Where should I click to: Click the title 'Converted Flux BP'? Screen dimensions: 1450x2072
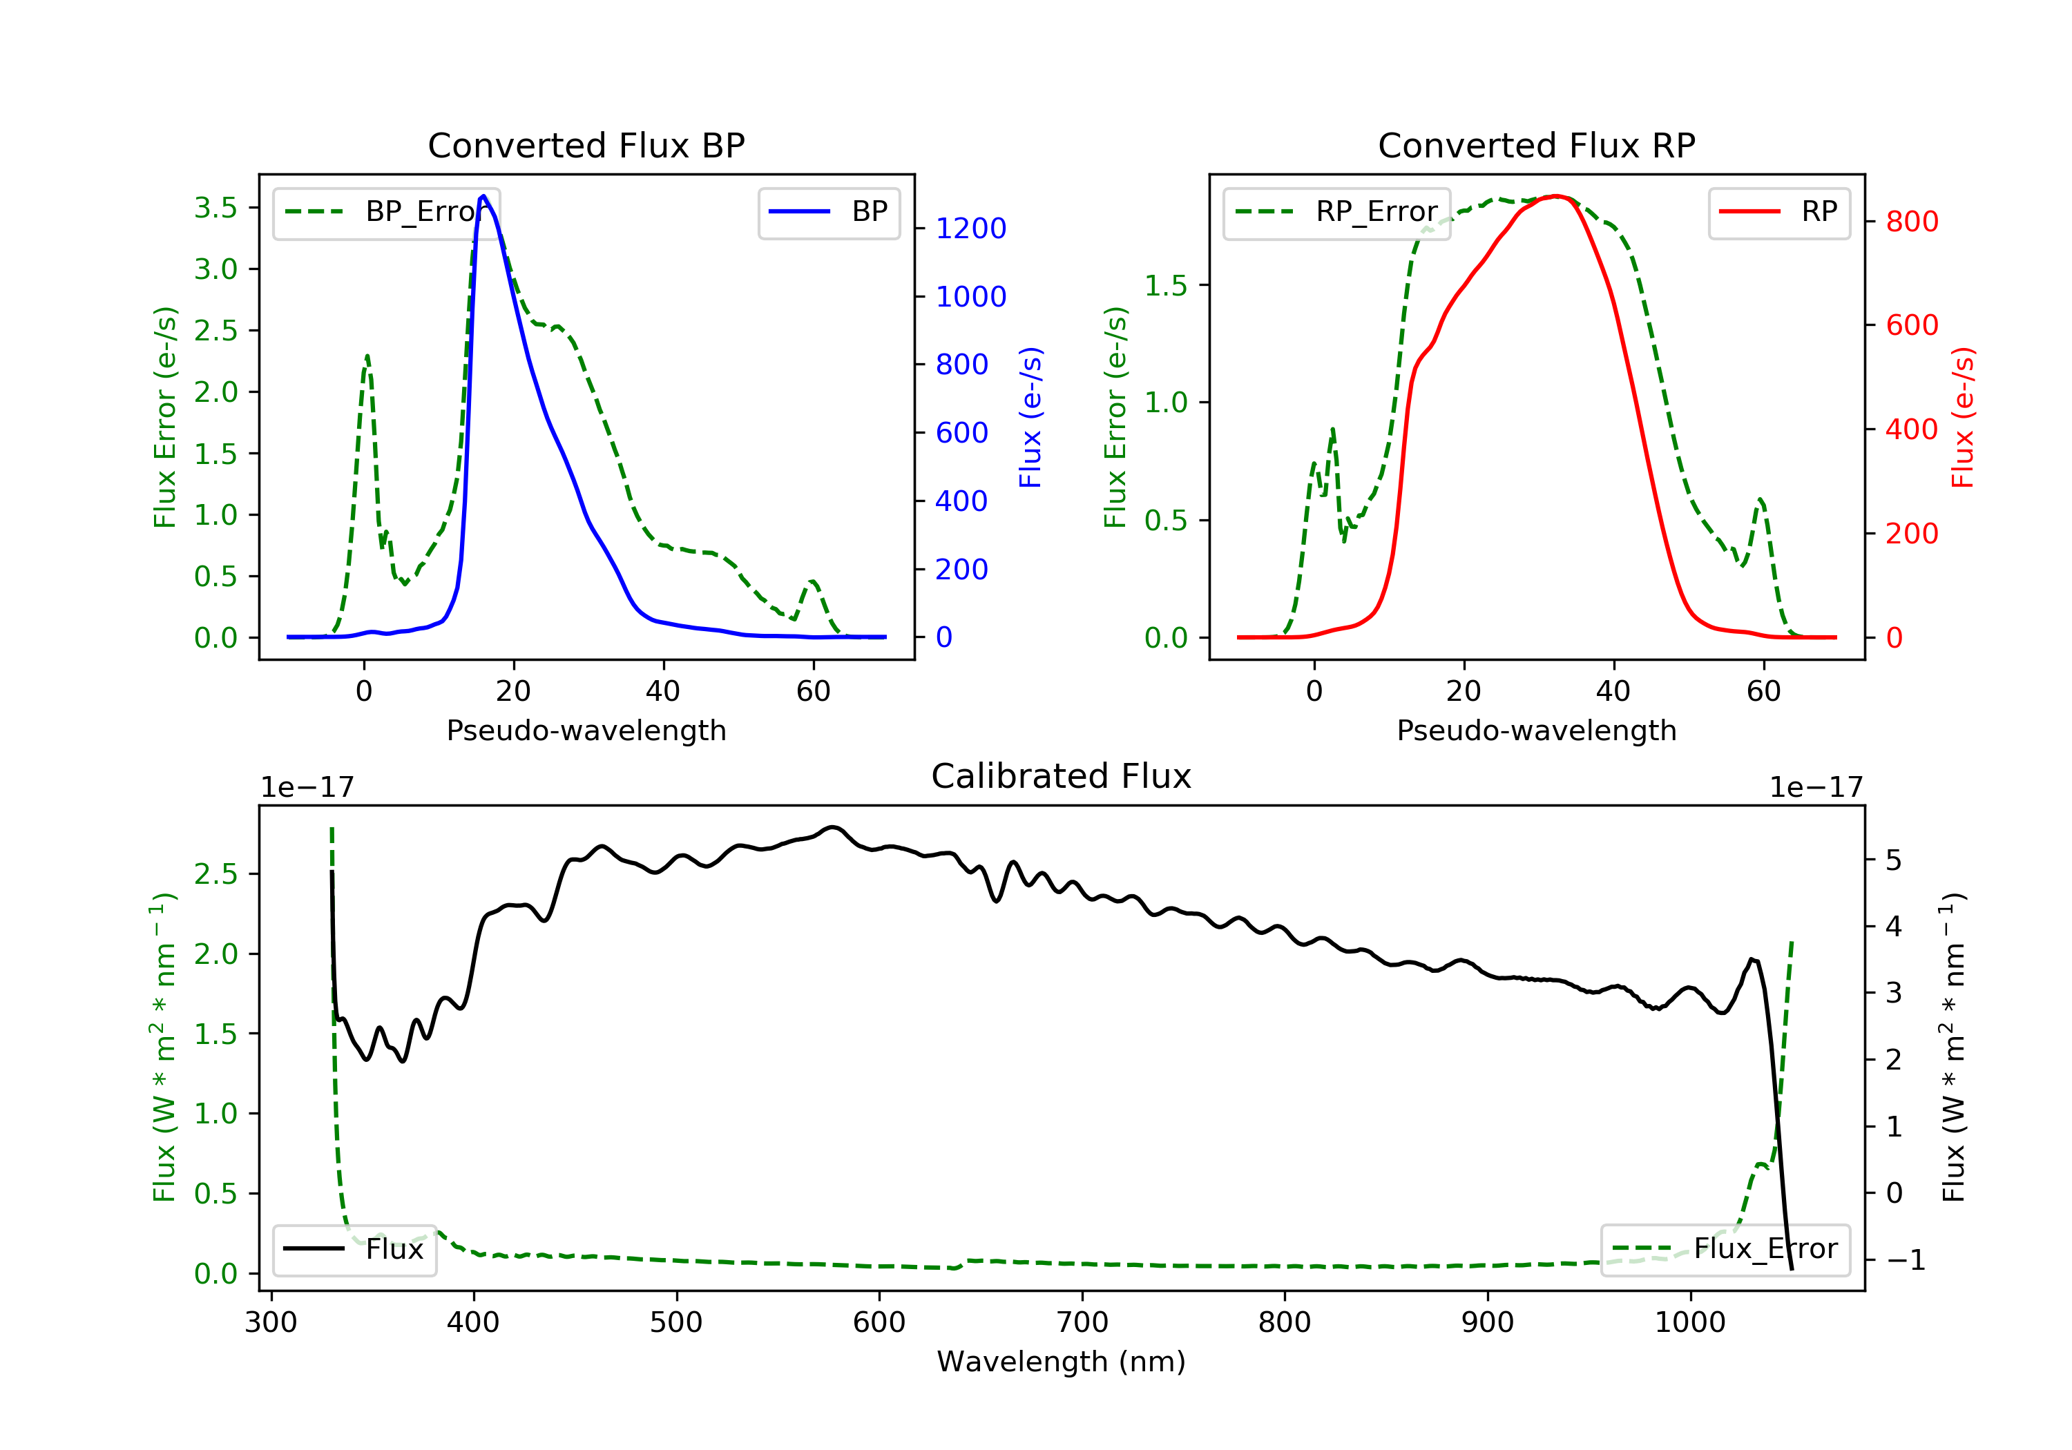click(586, 145)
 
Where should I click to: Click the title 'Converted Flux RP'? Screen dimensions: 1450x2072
click(1536, 145)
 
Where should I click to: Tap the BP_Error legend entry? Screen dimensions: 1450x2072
click(386, 212)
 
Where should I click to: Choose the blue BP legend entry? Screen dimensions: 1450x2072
click(828, 212)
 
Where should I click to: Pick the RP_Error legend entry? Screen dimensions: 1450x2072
click(1336, 212)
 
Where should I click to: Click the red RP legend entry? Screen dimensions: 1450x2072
click(1778, 212)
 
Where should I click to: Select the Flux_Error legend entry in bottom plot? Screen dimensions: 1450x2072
click(1725, 1249)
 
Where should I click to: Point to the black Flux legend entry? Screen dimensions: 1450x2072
click(355, 1249)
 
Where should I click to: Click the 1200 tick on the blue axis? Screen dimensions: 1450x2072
click(970, 229)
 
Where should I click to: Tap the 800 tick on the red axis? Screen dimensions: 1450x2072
click(1911, 221)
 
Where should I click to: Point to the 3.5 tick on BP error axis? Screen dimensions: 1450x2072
click(215, 208)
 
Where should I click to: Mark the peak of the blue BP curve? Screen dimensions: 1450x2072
click(483, 196)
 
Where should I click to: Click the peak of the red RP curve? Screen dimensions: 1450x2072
click(1556, 196)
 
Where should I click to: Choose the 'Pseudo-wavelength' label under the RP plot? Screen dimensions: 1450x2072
click(1536, 730)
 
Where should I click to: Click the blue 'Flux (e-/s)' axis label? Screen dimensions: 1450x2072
click(1030, 417)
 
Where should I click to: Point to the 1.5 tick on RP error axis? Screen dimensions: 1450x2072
click(1166, 285)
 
